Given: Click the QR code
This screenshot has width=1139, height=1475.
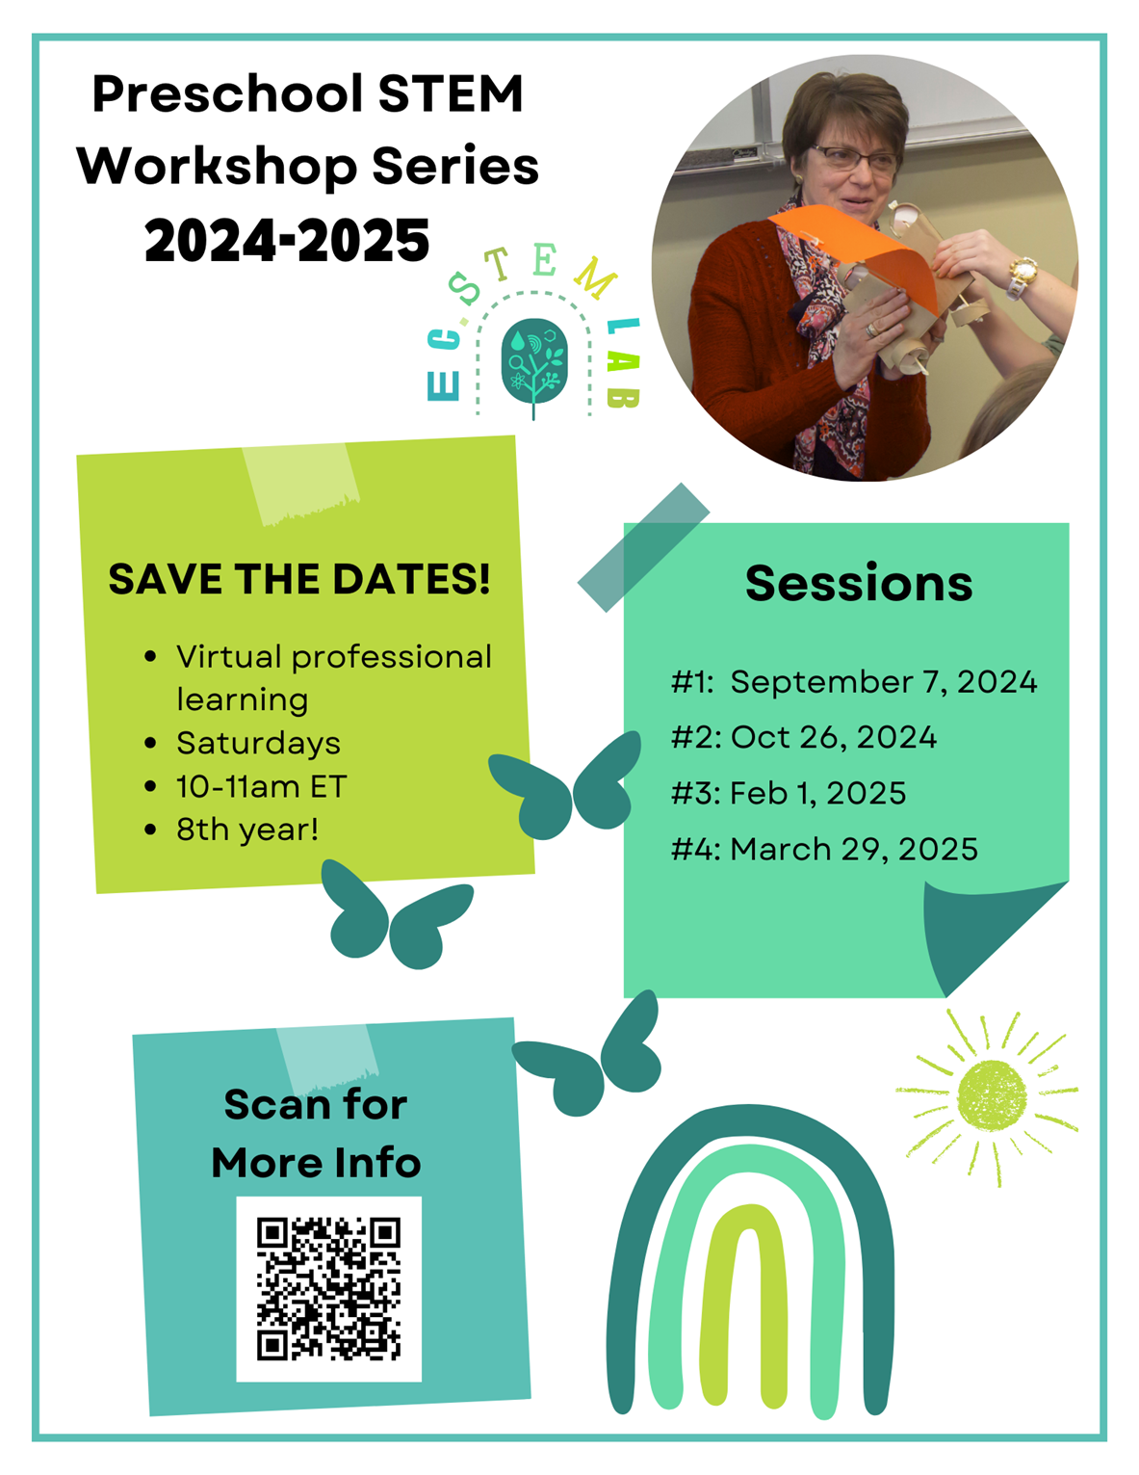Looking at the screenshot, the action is [328, 1288].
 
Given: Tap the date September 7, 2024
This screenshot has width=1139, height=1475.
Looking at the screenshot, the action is [883, 682].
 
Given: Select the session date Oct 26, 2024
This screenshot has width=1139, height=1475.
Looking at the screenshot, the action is [833, 737].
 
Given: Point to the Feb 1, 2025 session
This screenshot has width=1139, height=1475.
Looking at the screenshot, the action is [817, 793].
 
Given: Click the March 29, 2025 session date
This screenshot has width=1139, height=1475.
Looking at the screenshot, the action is [853, 849].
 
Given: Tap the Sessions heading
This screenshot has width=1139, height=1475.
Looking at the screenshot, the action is [859, 583].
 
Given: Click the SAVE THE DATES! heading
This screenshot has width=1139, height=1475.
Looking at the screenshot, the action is [299, 579].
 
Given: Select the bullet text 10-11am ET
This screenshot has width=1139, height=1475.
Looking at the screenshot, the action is [261, 787].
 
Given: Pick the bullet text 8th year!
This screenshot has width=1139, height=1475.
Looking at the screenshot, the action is [246, 830].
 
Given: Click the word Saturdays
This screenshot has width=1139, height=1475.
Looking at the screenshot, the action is [258, 743].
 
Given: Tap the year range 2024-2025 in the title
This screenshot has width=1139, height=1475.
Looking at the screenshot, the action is [287, 240].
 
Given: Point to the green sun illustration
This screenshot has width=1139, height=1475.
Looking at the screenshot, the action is [990, 1097].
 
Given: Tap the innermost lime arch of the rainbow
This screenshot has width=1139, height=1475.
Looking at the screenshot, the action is [743, 1304].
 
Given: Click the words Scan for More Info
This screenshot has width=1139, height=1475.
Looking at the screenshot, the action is [316, 1133].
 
